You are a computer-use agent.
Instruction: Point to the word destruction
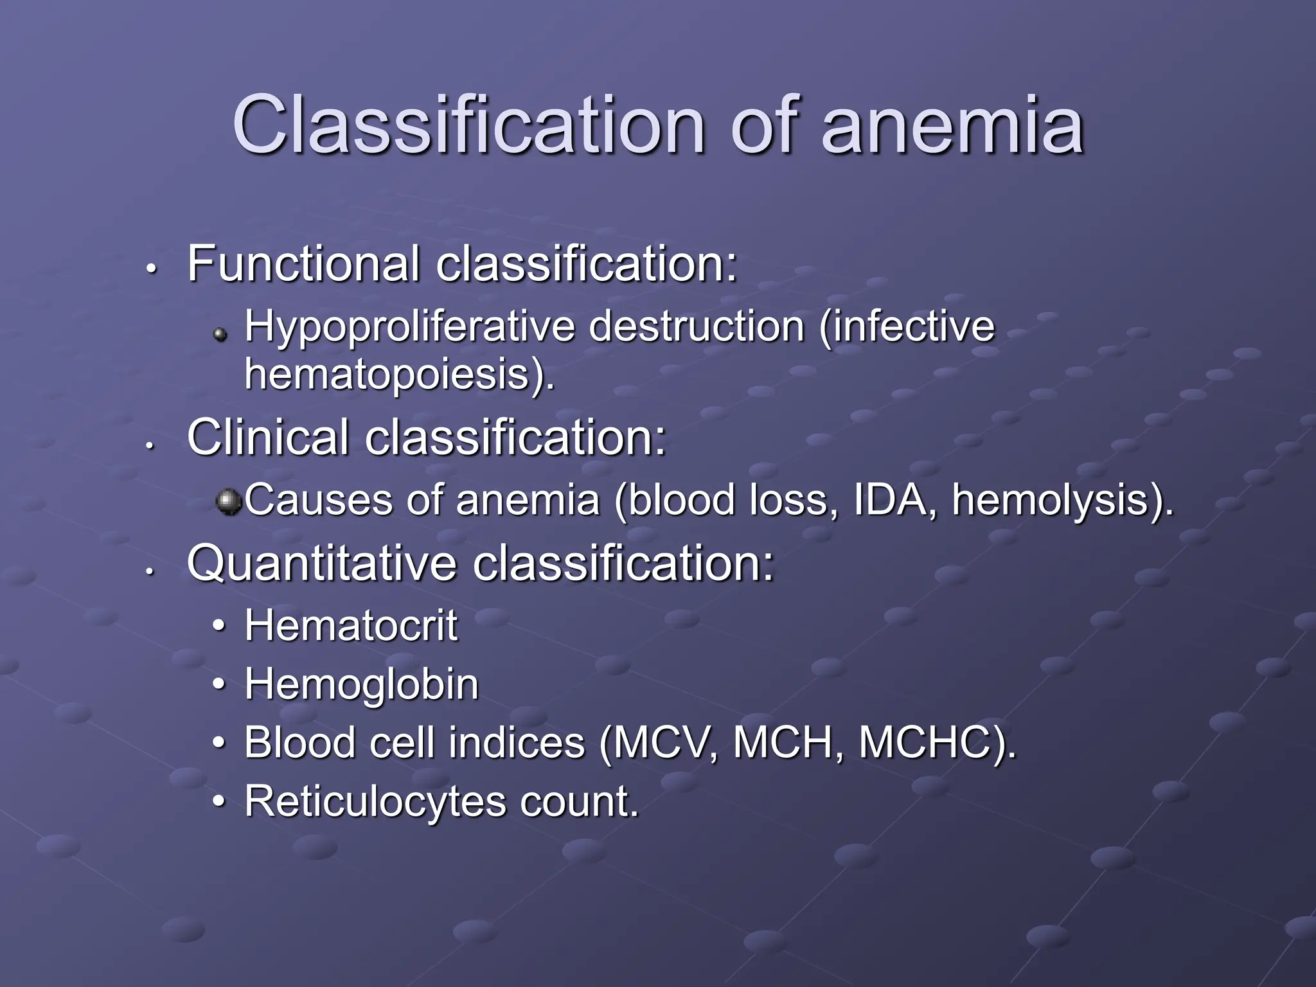(697, 327)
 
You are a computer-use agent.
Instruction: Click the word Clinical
(268, 438)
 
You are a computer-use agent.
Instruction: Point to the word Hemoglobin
(361, 684)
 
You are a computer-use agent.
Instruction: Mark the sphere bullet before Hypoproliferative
(221, 333)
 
